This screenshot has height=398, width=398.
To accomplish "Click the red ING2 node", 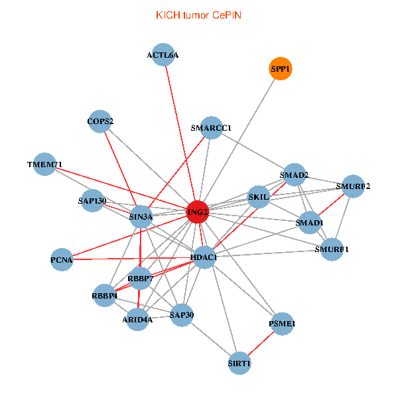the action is pos(198,212).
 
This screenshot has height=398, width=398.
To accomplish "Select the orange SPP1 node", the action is pos(281,69).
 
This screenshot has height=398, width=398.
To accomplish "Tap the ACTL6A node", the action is pos(163,56).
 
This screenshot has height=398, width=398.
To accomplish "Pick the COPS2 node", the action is pos(100,121).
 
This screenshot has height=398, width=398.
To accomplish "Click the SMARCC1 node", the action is pos(211,128).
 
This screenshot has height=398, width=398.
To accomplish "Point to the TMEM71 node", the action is pos(44,164).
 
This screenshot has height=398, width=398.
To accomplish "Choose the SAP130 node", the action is pos(92,201).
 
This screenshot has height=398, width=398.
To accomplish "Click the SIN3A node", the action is pos(141,216).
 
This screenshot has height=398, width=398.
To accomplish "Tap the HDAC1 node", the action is pos(204,257).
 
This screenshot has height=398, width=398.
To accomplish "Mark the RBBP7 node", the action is pos(140,279).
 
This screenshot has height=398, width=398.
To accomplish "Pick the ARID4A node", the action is pos(137,319).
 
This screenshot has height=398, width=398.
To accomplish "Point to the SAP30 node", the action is pos(181,314).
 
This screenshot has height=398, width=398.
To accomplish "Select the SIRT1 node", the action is pos(239,364).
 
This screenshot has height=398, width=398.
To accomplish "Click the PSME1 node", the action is pos(283,324).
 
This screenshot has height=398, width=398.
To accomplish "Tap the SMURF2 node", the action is pos(353,186).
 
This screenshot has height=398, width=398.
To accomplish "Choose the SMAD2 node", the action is pos(294,175).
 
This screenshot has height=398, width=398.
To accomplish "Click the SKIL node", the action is pos(258,197).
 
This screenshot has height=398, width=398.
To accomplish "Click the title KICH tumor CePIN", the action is pos(198,15).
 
